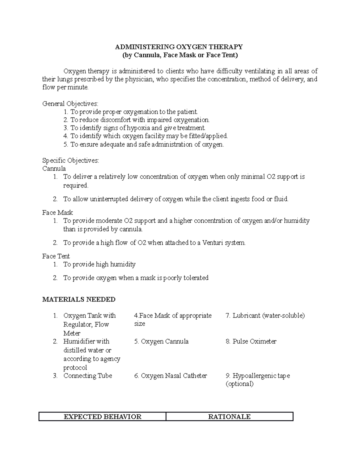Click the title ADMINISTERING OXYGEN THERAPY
179,47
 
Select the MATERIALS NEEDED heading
79,299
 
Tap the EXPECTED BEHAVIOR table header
103,416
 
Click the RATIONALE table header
229,416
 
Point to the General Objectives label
70,104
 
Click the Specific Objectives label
70,161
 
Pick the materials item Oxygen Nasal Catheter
174,376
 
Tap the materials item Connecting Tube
88,376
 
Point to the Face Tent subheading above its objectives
56,256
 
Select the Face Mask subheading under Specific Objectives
57,213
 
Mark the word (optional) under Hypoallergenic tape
239,384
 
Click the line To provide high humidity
99,264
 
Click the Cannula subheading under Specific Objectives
54,169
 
